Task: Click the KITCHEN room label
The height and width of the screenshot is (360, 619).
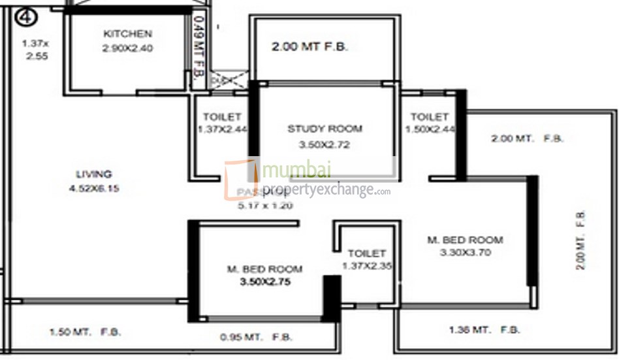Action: click(x=127, y=34)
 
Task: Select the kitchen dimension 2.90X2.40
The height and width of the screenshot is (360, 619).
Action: click(x=127, y=48)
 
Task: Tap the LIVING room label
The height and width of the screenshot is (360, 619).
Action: click(x=94, y=174)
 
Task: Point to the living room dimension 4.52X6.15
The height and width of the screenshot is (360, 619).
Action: click(x=94, y=189)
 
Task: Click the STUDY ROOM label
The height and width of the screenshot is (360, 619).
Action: click(x=325, y=129)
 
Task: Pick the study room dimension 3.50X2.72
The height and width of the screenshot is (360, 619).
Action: click(x=325, y=144)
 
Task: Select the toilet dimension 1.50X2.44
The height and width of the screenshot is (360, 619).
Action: click(x=429, y=129)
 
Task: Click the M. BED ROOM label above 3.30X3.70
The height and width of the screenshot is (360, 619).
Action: click(x=465, y=240)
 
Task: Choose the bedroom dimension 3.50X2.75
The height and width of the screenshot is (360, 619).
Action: click(x=264, y=283)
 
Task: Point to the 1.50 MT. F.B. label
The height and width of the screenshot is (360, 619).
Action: click(x=85, y=333)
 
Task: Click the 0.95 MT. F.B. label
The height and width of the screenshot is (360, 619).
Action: click(x=255, y=338)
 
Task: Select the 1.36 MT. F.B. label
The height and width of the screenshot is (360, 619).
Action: click(x=484, y=330)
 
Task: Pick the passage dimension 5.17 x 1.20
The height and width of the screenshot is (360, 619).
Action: click(x=264, y=205)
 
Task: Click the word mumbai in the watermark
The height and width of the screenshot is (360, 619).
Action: click(x=296, y=171)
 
